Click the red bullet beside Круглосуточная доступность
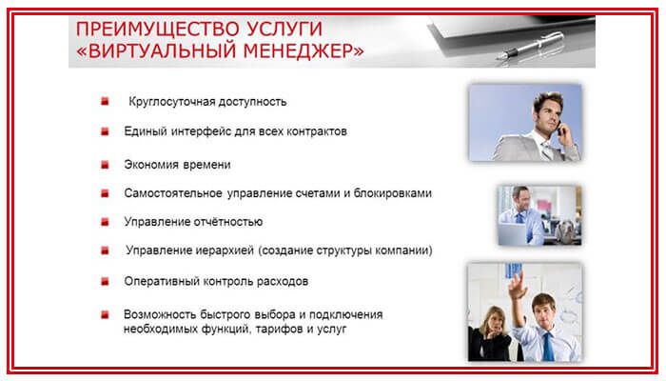point(105,101)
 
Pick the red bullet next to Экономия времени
point(105,165)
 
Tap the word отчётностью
point(228,222)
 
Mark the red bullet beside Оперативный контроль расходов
point(105,282)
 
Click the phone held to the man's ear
point(560,129)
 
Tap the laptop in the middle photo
point(513,233)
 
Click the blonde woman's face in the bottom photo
point(492,320)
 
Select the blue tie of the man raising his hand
point(547,346)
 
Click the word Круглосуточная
point(171,102)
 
